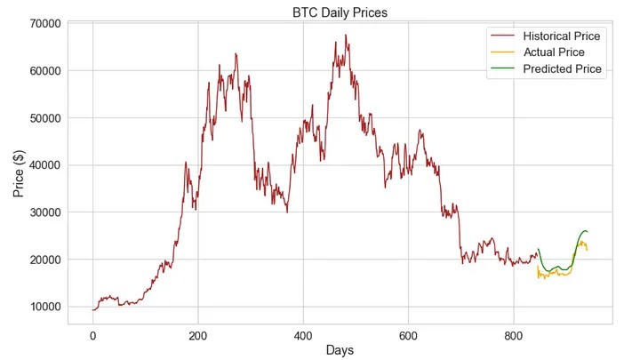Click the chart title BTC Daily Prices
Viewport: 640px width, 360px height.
tap(340, 12)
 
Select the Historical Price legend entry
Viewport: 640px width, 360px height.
tap(561, 36)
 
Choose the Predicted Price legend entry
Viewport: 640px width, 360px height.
tap(563, 68)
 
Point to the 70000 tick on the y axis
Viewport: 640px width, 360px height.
tap(44, 23)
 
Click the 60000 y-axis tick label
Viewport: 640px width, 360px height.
tap(44, 70)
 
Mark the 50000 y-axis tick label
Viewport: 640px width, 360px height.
tap(44, 117)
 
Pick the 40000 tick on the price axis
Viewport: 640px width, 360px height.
tap(44, 164)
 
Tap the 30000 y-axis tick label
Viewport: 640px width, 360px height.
tap(44, 212)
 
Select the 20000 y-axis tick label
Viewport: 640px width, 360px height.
tap(44, 259)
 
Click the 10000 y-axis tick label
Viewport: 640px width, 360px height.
tap(44, 306)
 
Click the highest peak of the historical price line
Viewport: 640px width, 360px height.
tap(346, 36)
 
